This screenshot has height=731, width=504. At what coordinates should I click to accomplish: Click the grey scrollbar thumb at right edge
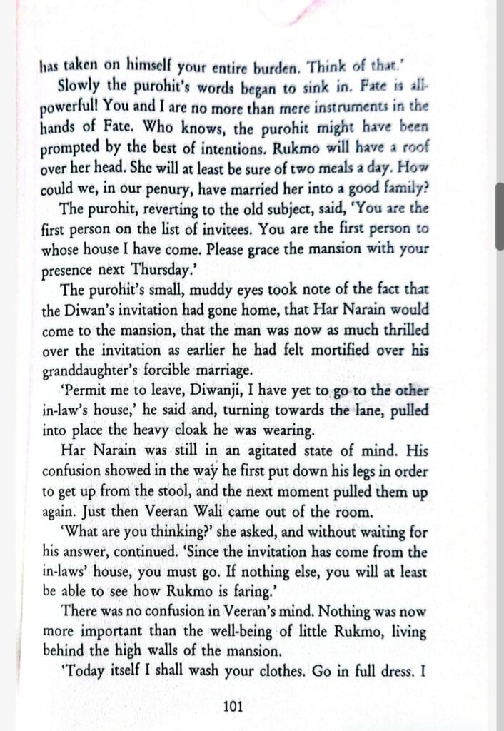point(500,214)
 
